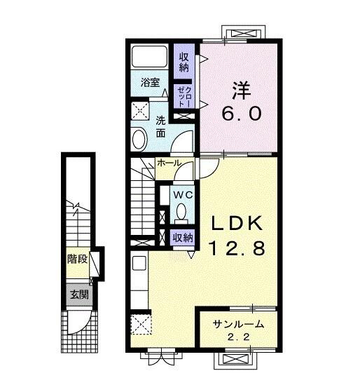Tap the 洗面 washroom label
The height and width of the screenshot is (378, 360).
tap(160, 126)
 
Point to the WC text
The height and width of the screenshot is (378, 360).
tap(183, 193)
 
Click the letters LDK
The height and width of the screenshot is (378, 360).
tap(237, 224)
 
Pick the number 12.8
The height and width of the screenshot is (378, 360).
tap(237, 249)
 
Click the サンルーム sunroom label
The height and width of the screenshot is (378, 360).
tap(239, 324)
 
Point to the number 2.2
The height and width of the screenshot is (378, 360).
tap(239, 337)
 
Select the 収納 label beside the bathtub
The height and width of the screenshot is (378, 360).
tap(184, 62)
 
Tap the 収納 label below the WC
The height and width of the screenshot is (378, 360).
tap(183, 238)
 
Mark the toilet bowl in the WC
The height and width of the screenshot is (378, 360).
tap(182, 211)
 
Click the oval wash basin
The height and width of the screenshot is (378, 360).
tap(139, 139)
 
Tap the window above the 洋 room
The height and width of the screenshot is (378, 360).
tap(244, 33)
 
